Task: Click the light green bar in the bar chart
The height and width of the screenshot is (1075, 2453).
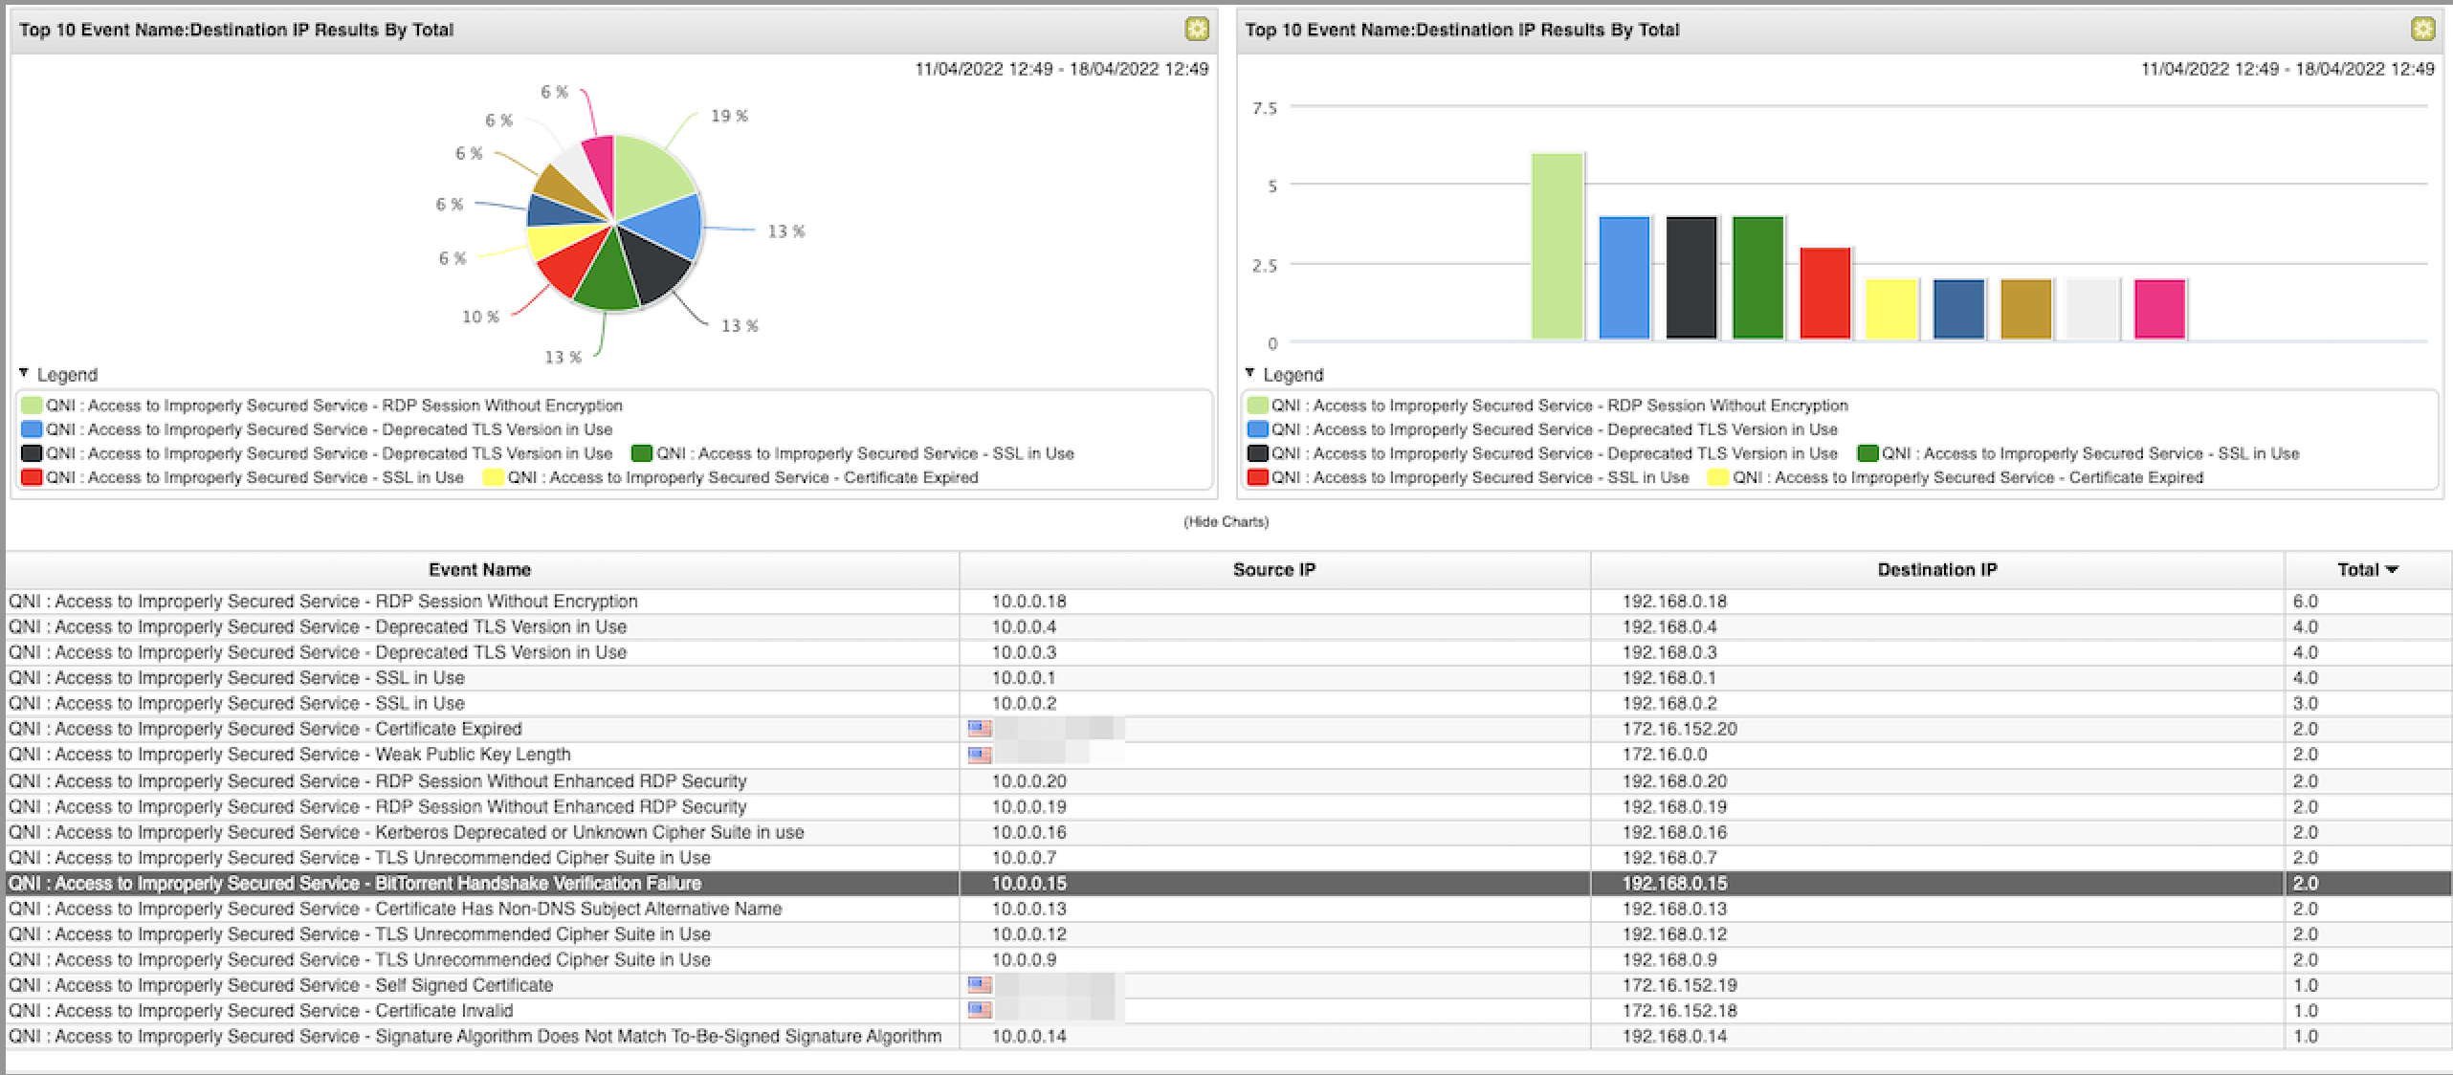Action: click(x=1557, y=246)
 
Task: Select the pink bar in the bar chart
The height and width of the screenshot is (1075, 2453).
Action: click(x=2159, y=309)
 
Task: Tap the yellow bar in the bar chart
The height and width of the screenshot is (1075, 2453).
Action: click(x=1891, y=309)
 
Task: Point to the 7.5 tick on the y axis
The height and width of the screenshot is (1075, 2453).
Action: click(x=1265, y=108)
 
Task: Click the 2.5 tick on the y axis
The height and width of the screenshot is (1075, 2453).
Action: click(x=1265, y=265)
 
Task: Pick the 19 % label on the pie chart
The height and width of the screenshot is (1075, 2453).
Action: click(x=729, y=116)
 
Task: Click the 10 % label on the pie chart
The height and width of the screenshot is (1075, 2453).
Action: click(x=480, y=317)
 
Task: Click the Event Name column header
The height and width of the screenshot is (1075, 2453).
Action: click(x=479, y=570)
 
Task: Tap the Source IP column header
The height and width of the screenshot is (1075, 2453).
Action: click(x=1273, y=570)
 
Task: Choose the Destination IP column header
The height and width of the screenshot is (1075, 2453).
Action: click(x=1936, y=570)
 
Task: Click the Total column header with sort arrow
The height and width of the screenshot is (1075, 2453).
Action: click(x=2367, y=570)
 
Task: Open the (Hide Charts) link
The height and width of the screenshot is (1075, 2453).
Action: click(x=1226, y=521)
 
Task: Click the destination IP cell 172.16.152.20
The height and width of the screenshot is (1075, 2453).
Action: click(x=1679, y=729)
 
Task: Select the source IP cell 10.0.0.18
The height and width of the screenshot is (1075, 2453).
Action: click(x=1028, y=602)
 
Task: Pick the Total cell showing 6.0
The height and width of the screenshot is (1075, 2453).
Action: click(x=2305, y=602)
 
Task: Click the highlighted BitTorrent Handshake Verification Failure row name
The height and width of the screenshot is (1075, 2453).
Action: click(x=354, y=883)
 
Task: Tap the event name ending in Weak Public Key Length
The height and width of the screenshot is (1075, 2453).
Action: click(x=289, y=755)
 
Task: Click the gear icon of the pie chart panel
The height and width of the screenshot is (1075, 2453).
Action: click(x=1196, y=30)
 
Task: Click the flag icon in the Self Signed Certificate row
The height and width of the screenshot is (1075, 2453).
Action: click(x=979, y=985)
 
